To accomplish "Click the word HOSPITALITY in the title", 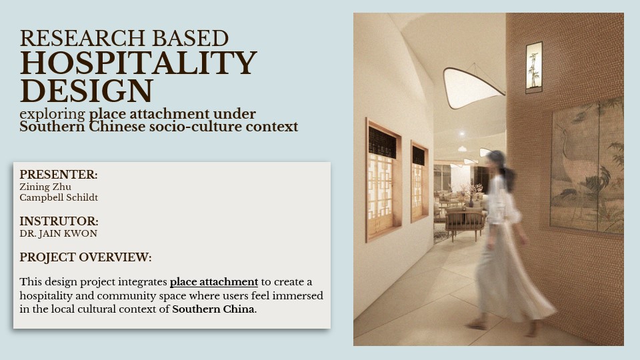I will (138, 63).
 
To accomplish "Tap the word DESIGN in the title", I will (87, 91).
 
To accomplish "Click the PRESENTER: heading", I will (59, 175).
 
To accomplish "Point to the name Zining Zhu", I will (45, 187).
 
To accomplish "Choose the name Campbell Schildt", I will (59, 197).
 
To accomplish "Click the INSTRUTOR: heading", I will (59, 221).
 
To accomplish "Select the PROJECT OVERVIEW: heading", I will (85, 257).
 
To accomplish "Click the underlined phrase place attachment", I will (213, 282).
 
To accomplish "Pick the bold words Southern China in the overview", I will (213, 309).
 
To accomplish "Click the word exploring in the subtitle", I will (52, 114).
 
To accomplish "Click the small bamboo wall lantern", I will (534, 67).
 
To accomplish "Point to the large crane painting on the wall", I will (587, 167).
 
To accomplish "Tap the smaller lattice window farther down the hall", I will (419, 181).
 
